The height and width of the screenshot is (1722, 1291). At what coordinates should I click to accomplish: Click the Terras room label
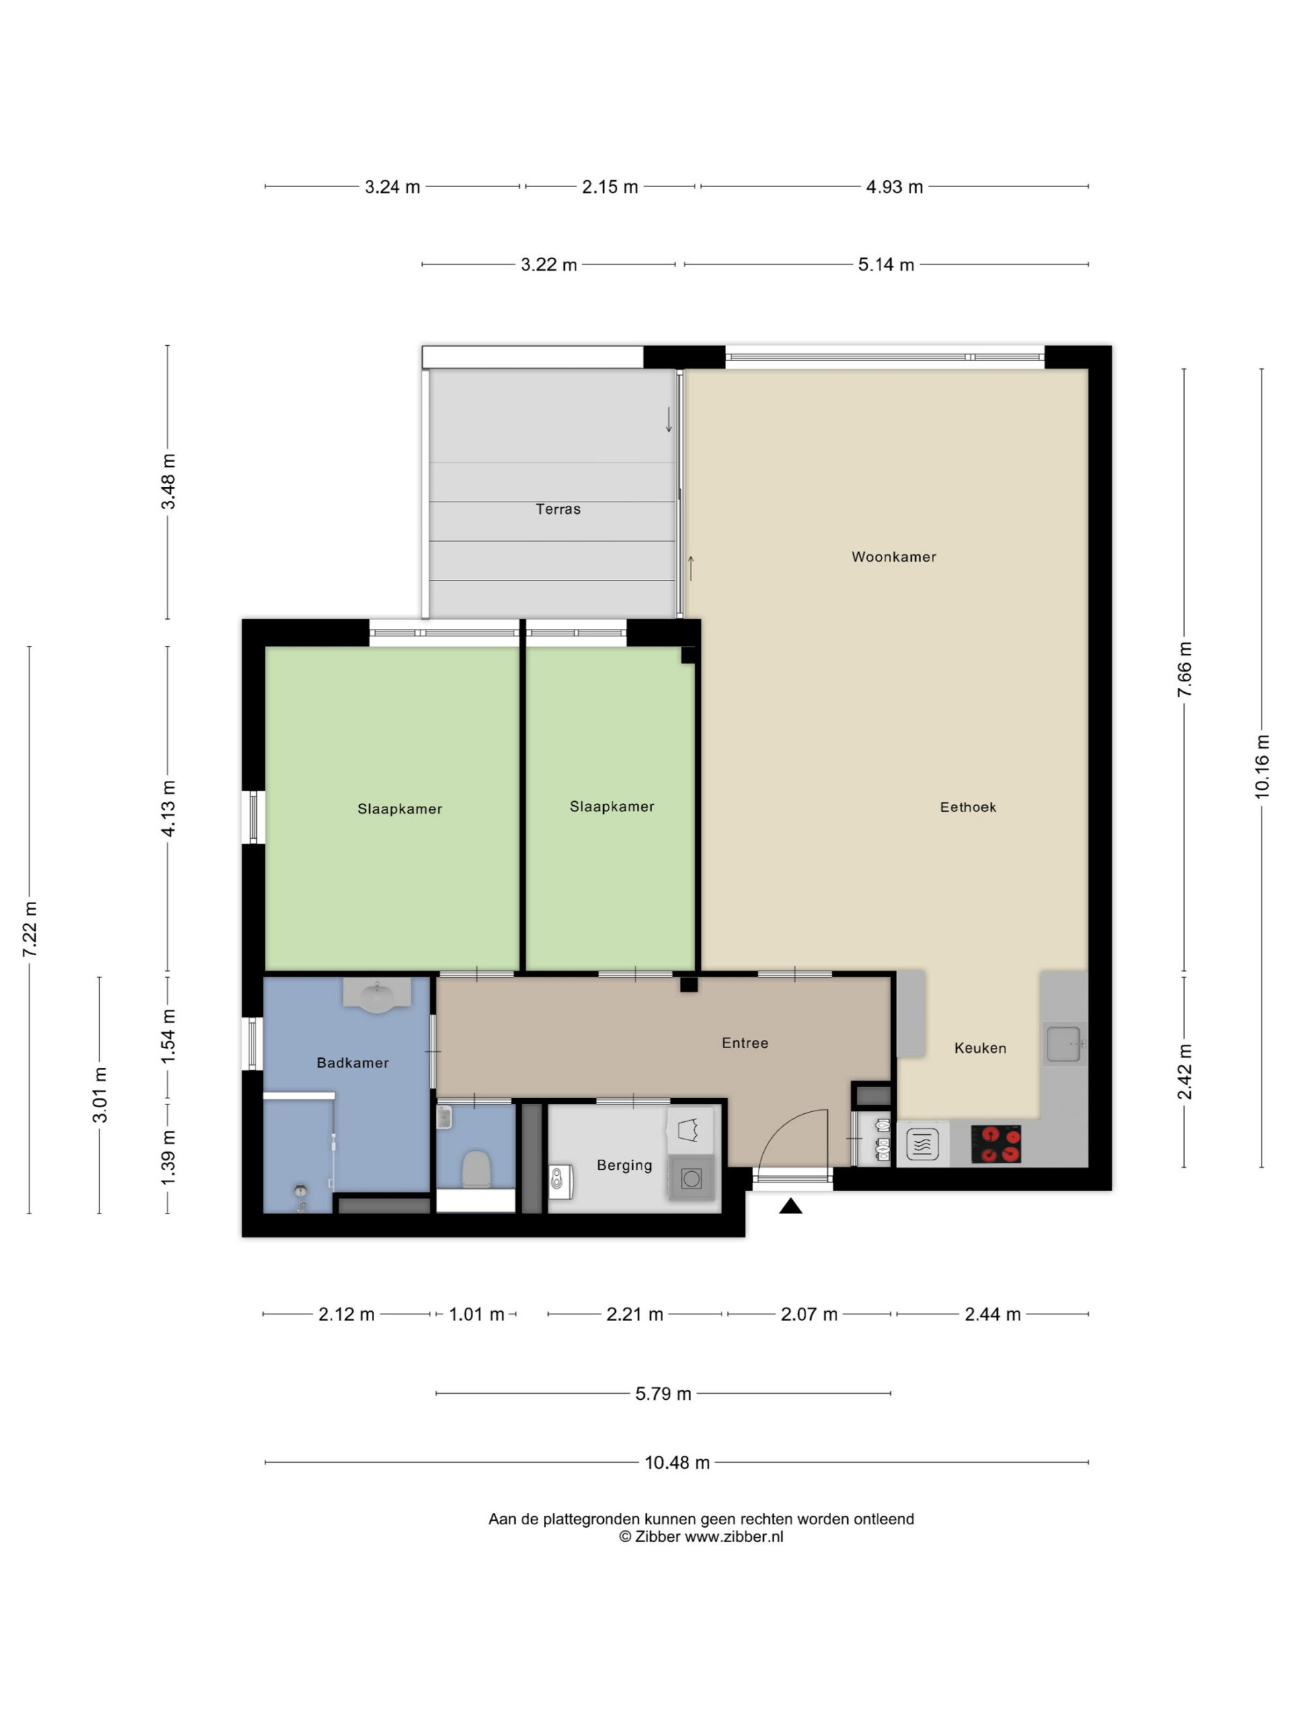click(x=558, y=509)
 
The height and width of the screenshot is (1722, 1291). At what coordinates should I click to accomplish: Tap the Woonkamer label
click(x=894, y=556)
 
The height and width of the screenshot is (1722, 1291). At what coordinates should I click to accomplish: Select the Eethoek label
click(x=968, y=807)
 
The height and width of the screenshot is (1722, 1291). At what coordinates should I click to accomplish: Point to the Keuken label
click(x=980, y=1048)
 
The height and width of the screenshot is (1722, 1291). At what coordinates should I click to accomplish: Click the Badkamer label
click(x=352, y=1063)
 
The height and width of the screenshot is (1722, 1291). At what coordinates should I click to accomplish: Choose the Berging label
click(x=624, y=1166)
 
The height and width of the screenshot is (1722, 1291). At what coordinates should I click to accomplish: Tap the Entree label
click(x=745, y=1043)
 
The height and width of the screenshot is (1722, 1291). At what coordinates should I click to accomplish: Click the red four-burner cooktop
click(x=995, y=1144)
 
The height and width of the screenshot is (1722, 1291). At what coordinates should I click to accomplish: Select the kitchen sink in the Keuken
click(x=1063, y=1044)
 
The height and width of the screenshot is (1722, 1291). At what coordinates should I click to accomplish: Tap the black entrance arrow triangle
click(x=791, y=1206)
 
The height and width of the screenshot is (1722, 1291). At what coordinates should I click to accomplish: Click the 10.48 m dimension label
click(x=677, y=1463)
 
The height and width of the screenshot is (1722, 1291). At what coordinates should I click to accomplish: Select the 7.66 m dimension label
click(x=1184, y=670)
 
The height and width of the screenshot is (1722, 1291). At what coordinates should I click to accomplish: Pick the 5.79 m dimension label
click(x=663, y=1394)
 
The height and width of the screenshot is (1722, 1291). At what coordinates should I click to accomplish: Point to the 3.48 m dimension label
click(x=168, y=482)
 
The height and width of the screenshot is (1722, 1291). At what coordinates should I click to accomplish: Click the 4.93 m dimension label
click(x=894, y=187)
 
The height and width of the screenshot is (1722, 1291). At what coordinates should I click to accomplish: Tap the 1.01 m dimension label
click(x=476, y=1315)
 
